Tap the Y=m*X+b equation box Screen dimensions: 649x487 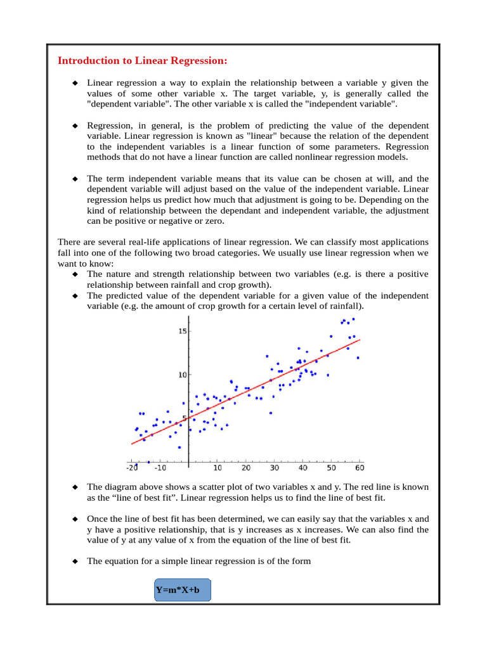pyautogui.click(x=182, y=591)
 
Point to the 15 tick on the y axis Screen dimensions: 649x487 pyautogui.click(x=183, y=331)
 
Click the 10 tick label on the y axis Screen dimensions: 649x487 pyautogui.click(x=183, y=375)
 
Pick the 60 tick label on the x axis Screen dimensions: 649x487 pyautogui.click(x=360, y=468)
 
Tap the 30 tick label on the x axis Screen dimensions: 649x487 pyautogui.click(x=275, y=468)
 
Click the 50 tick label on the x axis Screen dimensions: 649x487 pyautogui.click(x=331, y=468)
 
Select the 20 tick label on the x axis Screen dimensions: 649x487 pyautogui.click(x=246, y=468)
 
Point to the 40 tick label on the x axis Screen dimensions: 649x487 pyautogui.click(x=303, y=468)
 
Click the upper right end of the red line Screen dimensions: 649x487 pyautogui.click(x=359, y=340)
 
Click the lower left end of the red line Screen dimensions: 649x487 pyautogui.click(x=132, y=444)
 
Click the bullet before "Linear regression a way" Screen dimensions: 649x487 pyautogui.click(x=74, y=83)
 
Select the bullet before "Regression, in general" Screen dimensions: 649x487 pyautogui.click(x=74, y=126)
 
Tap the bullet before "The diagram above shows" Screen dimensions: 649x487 pyautogui.click(x=74, y=487)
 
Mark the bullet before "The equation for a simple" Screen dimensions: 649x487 pyautogui.click(x=74, y=561)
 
